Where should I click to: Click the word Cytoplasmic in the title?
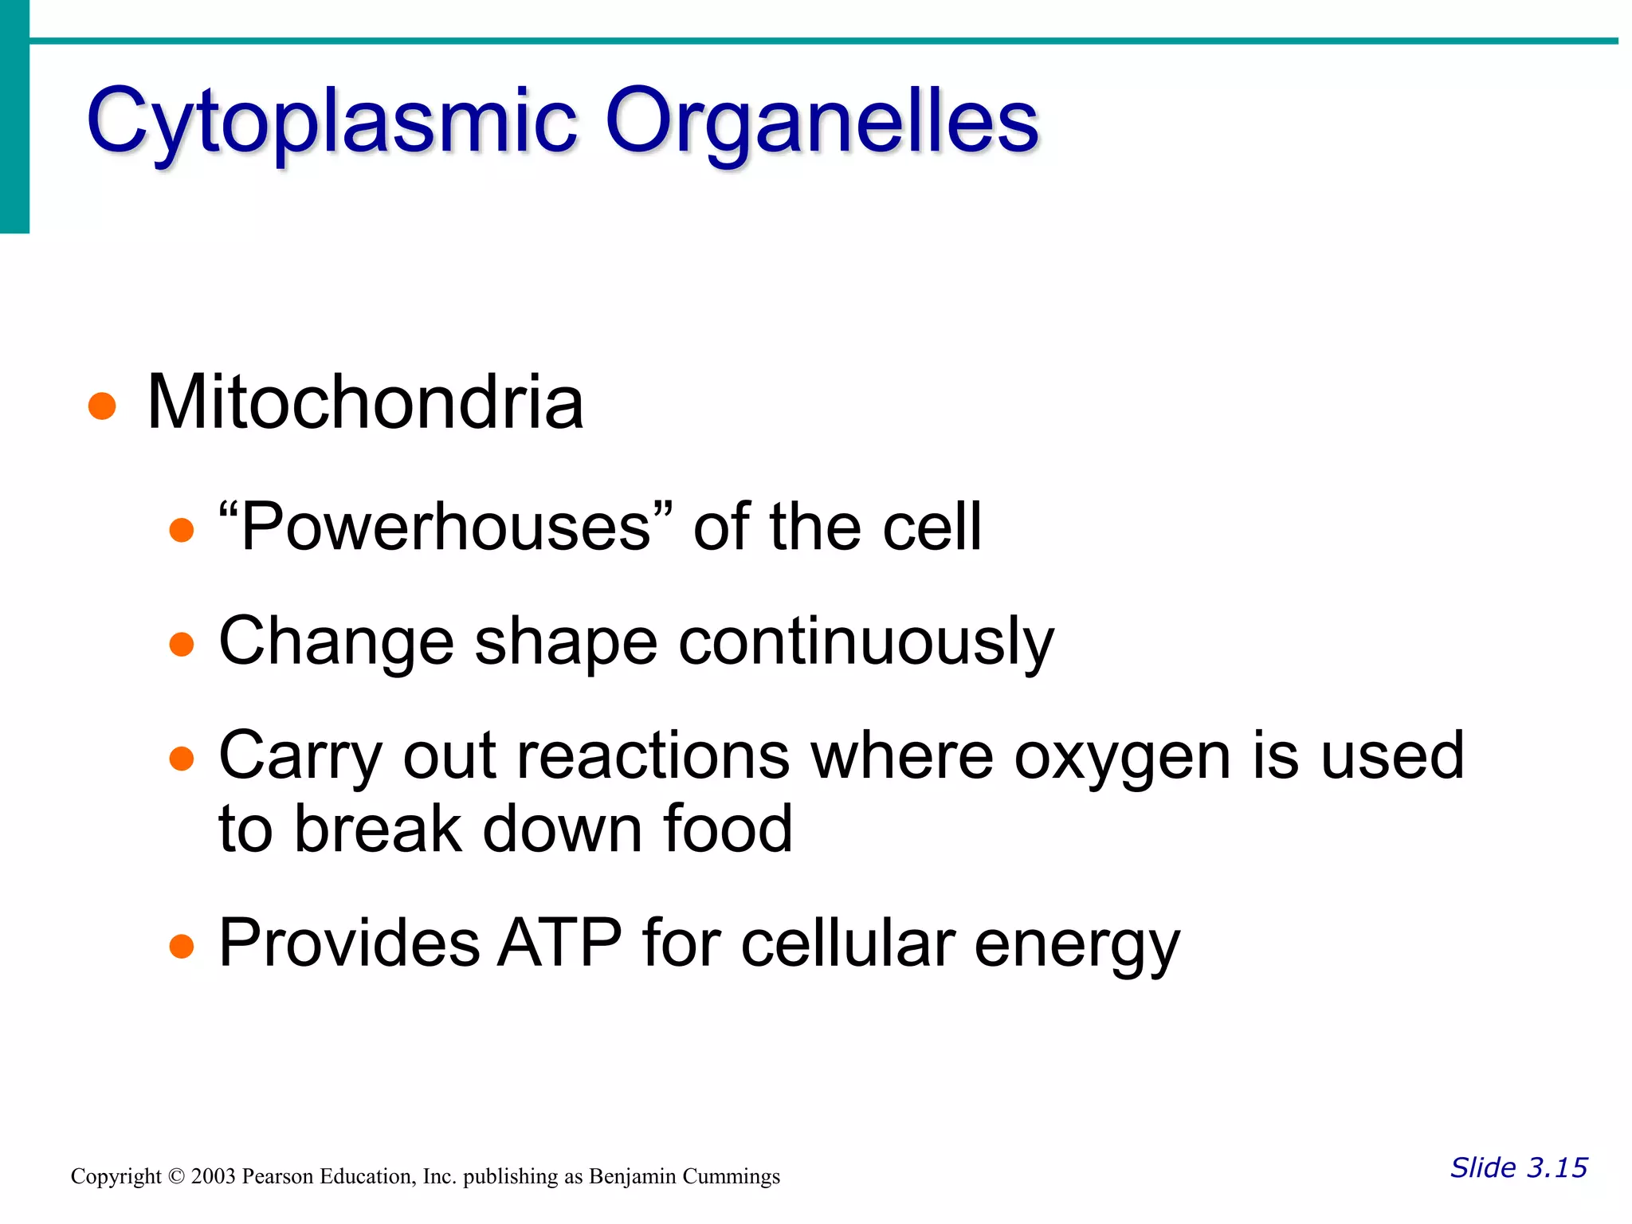(x=331, y=121)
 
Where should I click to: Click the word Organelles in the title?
(x=822, y=121)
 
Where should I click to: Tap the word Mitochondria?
(x=365, y=402)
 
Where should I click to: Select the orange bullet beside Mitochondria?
(x=102, y=406)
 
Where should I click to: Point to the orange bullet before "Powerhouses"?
(x=182, y=530)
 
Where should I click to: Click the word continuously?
(x=866, y=642)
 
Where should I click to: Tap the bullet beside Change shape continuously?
(x=182, y=644)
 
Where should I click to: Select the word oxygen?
(x=1122, y=757)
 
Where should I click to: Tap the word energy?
(x=1077, y=946)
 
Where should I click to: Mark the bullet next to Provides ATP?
(x=182, y=946)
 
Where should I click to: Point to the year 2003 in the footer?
(x=213, y=1176)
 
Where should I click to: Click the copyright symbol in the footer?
(x=176, y=1176)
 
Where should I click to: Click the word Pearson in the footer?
(x=277, y=1176)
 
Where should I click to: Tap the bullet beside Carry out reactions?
(x=182, y=758)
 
